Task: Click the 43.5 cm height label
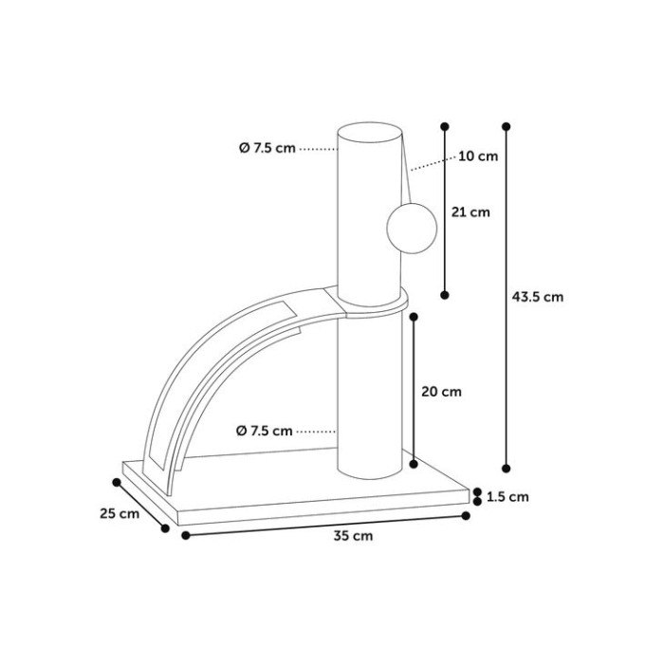(538, 297)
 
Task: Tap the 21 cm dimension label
(470, 212)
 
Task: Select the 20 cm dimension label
(441, 392)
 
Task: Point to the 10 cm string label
(478, 157)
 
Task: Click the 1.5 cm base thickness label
(507, 496)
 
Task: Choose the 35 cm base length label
(353, 536)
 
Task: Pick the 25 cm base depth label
(120, 513)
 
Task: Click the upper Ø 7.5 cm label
(267, 148)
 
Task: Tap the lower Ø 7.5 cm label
(265, 431)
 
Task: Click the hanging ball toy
(412, 229)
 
